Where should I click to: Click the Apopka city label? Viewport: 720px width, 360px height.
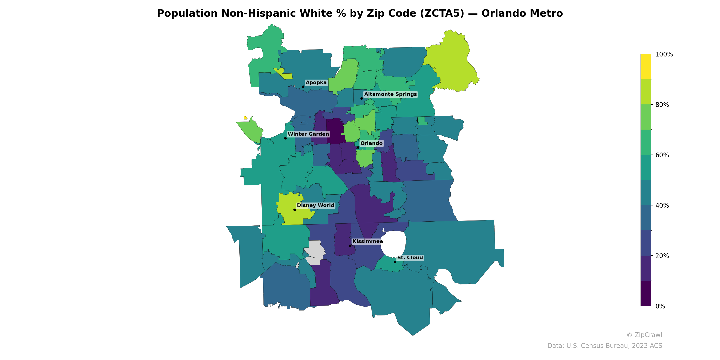(x=316, y=83)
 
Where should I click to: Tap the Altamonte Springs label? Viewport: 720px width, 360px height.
(x=390, y=94)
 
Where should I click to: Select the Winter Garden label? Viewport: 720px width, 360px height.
(x=308, y=134)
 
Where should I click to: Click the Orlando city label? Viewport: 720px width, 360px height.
(x=371, y=143)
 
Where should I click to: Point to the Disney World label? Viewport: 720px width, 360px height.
(x=315, y=205)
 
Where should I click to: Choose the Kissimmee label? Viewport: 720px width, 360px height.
(x=368, y=241)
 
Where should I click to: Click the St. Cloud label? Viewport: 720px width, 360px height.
(x=410, y=258)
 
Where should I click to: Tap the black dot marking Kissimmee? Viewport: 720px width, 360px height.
(x=350, y=246)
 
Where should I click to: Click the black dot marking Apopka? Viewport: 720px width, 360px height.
(x=303, y=87)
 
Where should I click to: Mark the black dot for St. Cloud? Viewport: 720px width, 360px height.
(x=395, y=262)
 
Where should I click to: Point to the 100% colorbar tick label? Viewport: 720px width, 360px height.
(x=664, y=54)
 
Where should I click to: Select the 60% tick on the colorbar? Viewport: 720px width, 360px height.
(x=662, y=155)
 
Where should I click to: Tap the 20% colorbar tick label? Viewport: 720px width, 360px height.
(x=662, y=256)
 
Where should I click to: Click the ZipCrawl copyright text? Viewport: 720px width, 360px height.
(x=644, y=335)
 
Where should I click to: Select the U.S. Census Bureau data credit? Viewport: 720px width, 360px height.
(x=605, y=346)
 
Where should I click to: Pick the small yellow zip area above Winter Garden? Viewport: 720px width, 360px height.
(x=245, y=118)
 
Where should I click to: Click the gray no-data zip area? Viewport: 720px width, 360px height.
(x=315, y=252)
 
